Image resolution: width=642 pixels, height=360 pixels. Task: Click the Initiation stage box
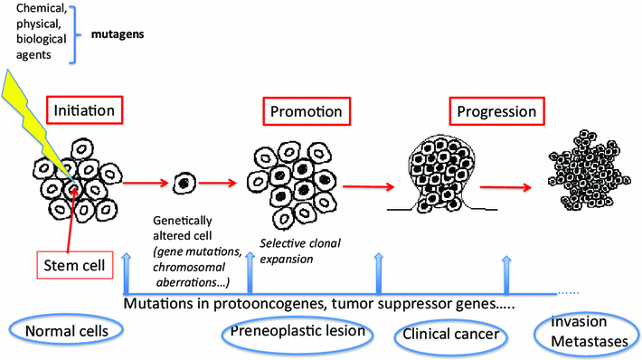coord(84,112)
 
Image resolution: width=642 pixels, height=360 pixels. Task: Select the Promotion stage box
coord(307,112)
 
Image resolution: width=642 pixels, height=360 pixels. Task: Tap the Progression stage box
coord(493,112)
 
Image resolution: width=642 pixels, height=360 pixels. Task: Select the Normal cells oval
coord(61,332)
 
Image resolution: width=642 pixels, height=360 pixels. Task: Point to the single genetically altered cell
coord(184,183)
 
